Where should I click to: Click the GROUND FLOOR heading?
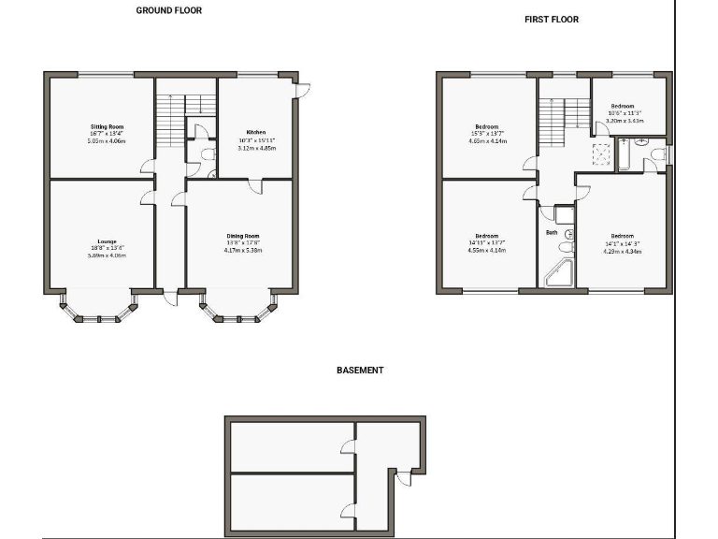coord(169,10)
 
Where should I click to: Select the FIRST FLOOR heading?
coord(553,19)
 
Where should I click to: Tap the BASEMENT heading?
coord(360,371)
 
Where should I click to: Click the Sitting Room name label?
coord(108,126)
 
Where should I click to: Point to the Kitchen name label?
coord(256,132)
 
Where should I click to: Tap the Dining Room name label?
coord(243,236)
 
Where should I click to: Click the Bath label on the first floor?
coord(552,232)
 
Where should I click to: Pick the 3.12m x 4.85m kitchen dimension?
coord(256,148)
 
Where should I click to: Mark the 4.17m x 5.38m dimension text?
coord(243,251)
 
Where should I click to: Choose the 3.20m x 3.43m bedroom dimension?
coord(625,120)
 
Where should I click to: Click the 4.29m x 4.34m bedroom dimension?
coord(624,251)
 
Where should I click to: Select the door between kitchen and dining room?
coord(255,186)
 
